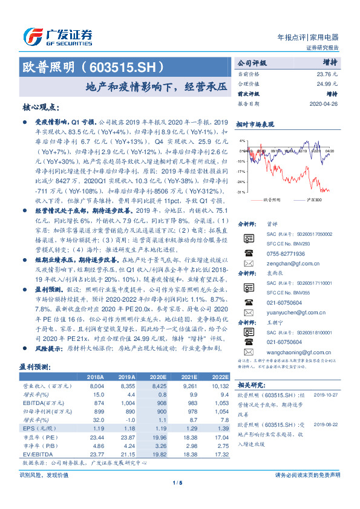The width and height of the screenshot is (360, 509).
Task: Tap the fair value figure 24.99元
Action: point(327,84)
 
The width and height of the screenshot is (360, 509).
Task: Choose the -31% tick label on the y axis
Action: point(241,192)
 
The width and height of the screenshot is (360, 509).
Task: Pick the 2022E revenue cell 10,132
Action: point(220,384)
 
